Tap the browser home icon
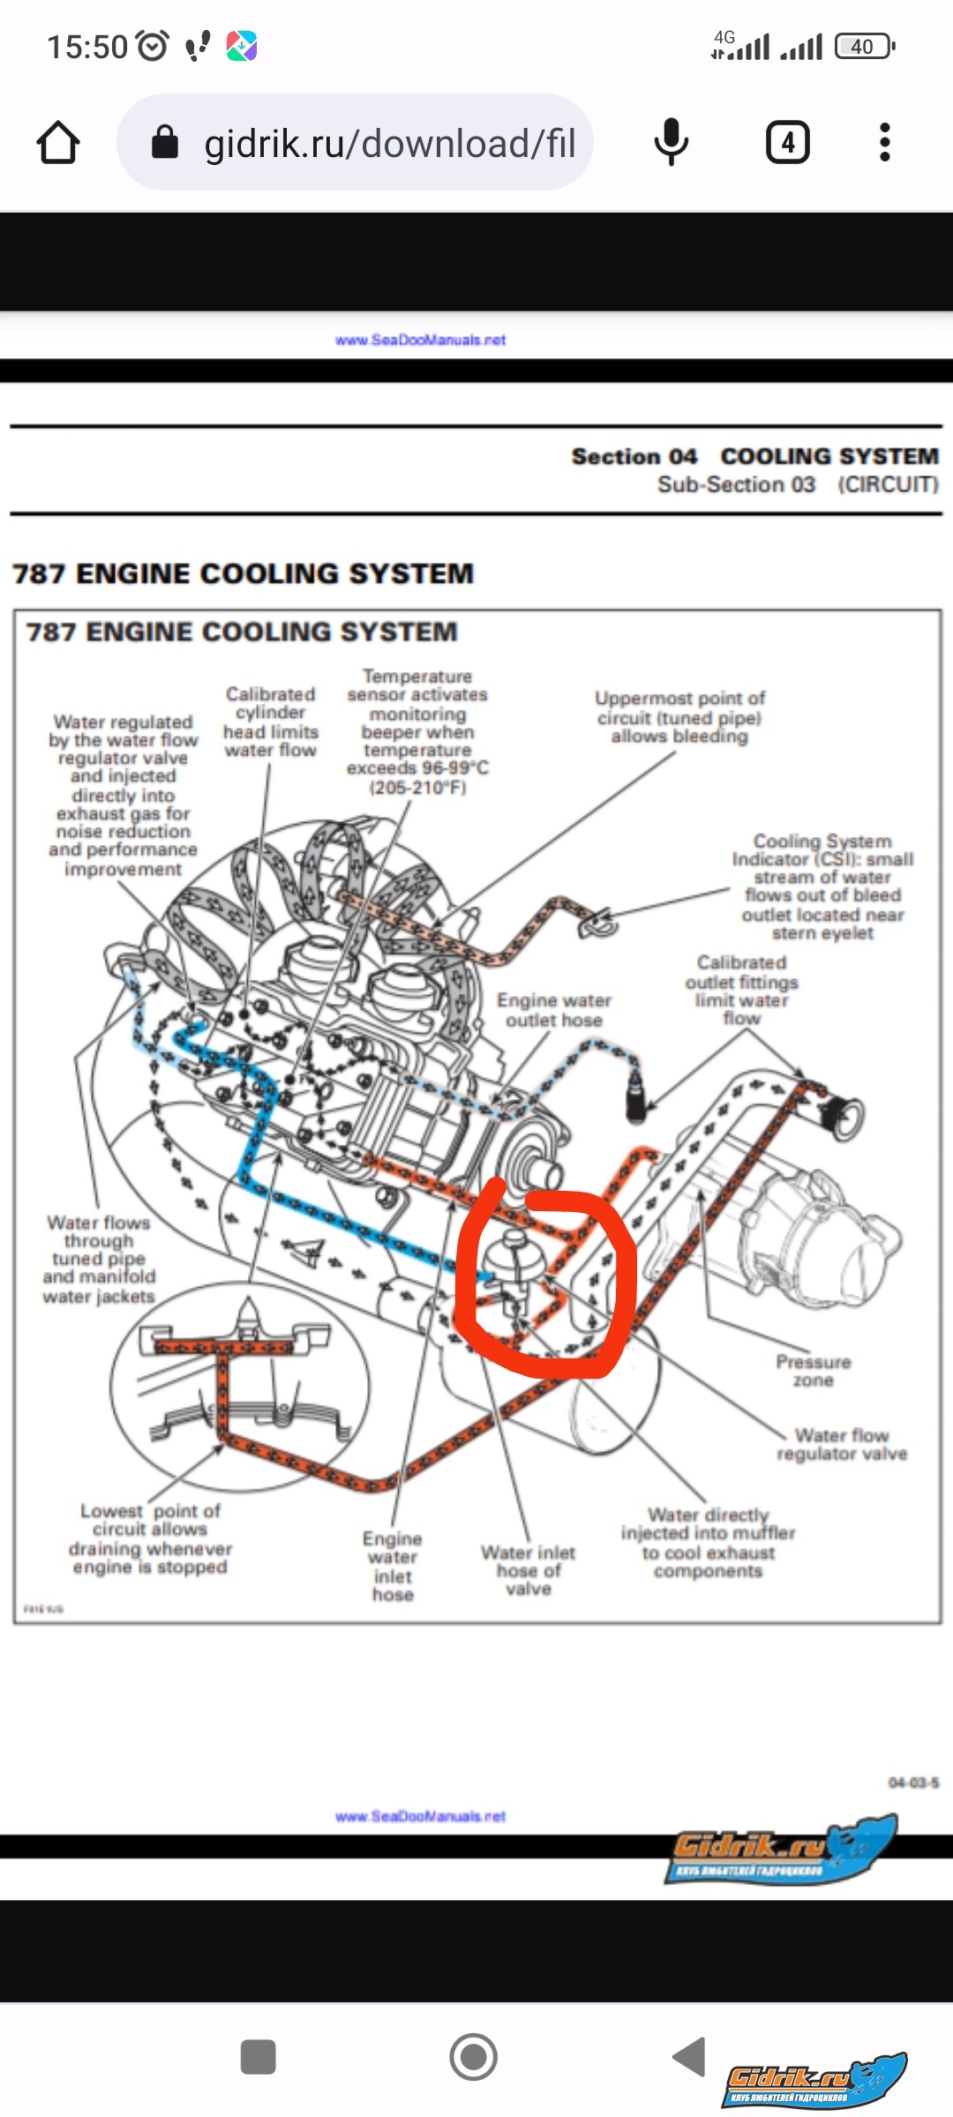pos(58,143)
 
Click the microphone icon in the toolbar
pos(672,142)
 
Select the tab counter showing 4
pos(787,142)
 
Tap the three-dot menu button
pos(884,142)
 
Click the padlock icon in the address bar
pos(165,142)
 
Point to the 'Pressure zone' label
pos(813,1371)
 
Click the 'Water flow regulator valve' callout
pos(842,1444)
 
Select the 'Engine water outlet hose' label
pos(554,1010)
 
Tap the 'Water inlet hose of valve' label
pos(528,1570)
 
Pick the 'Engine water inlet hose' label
pos(393,1566)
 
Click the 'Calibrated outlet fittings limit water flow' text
pos(741,990)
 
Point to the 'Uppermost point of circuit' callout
pos(679,717)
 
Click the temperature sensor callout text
pos(417,731)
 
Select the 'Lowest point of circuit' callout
pos(150,1538)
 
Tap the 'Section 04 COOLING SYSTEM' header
pos(754,456)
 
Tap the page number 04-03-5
pos(913,1783)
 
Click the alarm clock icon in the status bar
pos(153,45)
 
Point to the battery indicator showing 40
pos(864,46)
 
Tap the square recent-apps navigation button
pos(258,2057)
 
